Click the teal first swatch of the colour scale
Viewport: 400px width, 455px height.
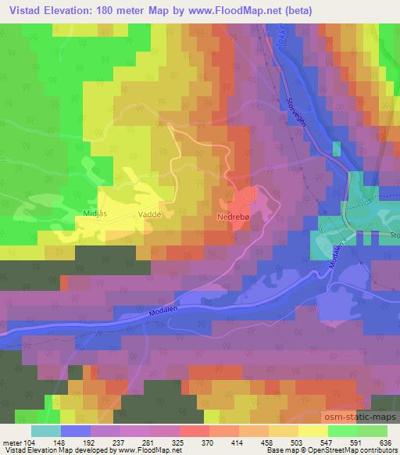click(x=45, y=429)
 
